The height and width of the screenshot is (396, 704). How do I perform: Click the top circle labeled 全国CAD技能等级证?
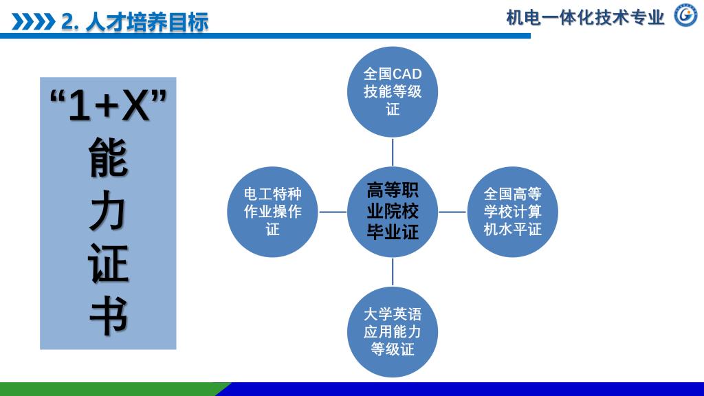(393, 91)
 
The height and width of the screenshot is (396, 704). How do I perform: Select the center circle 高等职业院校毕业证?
(393, 212)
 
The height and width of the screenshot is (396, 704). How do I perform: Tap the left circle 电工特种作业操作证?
(273, 212)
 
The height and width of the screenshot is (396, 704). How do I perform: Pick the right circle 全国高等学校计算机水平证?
(512, 212)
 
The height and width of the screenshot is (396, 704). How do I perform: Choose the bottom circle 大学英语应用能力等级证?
(393, 332)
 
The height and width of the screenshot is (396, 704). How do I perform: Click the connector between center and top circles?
(393, 151)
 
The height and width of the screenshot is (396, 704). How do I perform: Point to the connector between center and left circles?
(333, 212)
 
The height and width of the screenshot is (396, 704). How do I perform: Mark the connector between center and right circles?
(452, 212)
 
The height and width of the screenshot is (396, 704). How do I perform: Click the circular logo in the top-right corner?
(685, 15)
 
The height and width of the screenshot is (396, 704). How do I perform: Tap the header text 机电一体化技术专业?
(585, 17)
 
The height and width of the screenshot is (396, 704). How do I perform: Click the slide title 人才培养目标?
(147, 22)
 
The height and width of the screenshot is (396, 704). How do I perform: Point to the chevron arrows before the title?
(33, 22)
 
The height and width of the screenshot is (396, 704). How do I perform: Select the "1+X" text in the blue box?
(109, 108)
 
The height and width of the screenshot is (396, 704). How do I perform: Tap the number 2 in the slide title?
(67, 22)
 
